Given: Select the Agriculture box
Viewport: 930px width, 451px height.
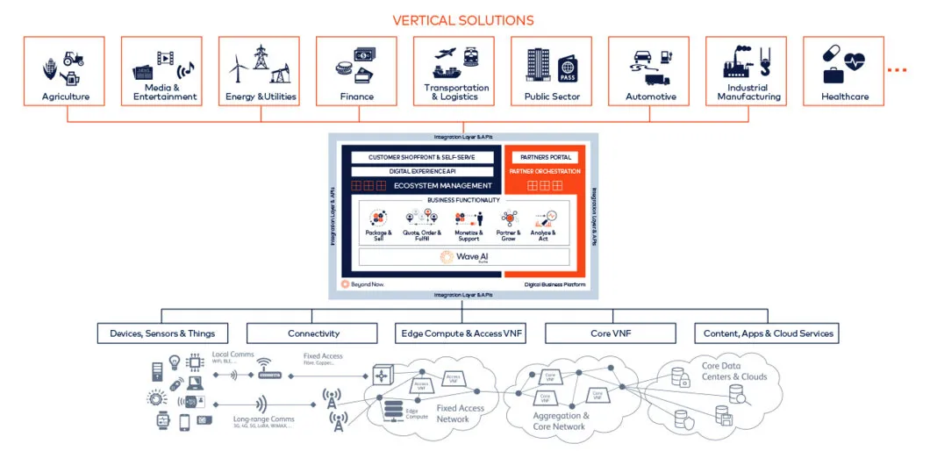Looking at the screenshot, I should pos(66,71).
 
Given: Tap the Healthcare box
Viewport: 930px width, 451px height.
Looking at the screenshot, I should pos(844,71).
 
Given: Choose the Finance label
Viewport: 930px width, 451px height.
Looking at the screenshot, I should pos(356,97).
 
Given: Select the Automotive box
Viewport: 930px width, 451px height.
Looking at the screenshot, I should pos(650,71).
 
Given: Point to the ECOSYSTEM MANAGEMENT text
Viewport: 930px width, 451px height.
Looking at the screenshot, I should pos(442,185).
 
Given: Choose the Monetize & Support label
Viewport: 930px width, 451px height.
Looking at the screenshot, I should pos(469,235).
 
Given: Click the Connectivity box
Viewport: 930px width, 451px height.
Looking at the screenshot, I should pos(313,333).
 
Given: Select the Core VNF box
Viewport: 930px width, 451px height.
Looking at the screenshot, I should pos(610,333).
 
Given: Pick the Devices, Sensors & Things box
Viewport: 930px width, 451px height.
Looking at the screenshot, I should pos(162,333).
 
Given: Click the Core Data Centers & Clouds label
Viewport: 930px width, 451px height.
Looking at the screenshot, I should pos(733,371).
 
